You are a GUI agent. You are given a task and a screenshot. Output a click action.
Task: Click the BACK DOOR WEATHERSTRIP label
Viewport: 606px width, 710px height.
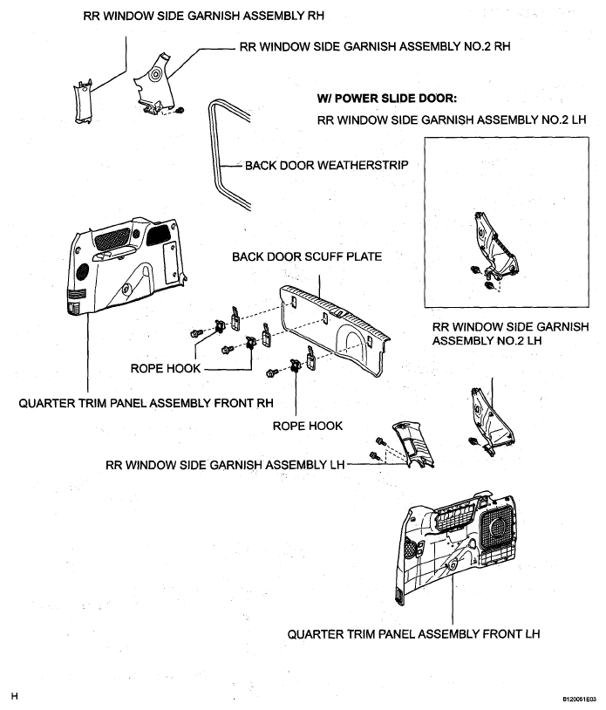(x=326, y=165)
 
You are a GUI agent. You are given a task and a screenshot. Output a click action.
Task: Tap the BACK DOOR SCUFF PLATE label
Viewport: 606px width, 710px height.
(x=307, y=256)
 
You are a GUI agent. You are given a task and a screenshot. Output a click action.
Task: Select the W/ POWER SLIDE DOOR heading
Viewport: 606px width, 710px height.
(x=387, y=99)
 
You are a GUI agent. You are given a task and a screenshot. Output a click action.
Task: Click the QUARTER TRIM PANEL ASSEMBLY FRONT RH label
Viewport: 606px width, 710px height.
(x=146, y=403)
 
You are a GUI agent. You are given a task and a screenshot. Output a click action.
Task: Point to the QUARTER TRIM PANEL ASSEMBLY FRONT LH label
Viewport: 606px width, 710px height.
(x=413, y=634)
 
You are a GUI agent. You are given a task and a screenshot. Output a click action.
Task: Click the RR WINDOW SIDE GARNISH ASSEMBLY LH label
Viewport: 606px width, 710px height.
(x=225, y=465)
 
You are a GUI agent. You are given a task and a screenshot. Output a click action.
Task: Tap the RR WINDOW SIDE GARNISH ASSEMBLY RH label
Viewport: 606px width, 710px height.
(x=204, y=16)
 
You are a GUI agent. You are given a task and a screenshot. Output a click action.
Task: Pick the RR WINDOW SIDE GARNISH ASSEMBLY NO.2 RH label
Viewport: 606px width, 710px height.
(x=375, y=46)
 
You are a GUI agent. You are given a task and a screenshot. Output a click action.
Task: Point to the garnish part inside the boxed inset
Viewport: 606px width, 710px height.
(x=495, y=247)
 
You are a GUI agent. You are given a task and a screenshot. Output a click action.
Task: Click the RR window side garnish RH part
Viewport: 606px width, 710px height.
(x=84, y=102)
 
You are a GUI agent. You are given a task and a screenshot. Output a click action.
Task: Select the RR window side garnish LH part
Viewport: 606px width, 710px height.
(x=412, y=444)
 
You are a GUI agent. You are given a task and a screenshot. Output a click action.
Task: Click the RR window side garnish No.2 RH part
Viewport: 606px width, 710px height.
(x=153, y=86)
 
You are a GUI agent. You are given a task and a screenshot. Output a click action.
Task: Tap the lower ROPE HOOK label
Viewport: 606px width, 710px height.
(x=308, y=426)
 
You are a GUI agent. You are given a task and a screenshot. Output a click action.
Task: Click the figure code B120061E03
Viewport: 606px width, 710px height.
(x=579, y=700)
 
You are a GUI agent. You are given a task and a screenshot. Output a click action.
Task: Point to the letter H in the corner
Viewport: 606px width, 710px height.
(x=15, y=696)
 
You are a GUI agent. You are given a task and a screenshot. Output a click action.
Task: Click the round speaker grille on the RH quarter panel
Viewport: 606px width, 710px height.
(x=83, y=271)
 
